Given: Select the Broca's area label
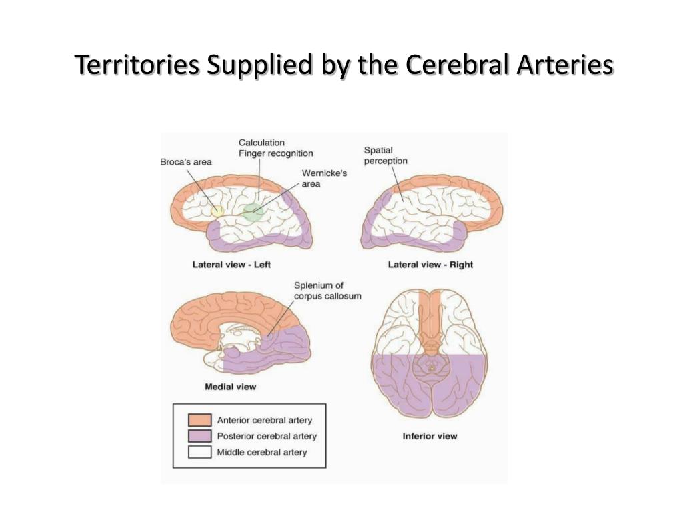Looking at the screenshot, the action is pyautogui.click(x=186, y=162).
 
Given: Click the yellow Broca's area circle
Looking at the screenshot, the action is pyautogui.click(x=217, y=211).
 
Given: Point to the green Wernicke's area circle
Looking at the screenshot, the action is pyautogui.click(x=253, y=212).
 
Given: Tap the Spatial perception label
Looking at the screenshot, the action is pyautogui.click(x=385, y=155).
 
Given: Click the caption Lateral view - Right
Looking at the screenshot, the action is pyautogui.click(x=430, y=265).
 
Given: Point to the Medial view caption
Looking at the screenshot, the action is pyautogui.click(x=230, y=387).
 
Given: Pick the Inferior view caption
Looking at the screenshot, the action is pyautogui.click(x=430, y=437).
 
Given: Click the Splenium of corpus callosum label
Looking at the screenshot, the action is pyautogui.click(x=327, y=291).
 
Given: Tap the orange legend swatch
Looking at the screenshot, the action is pyautogui.click(x=199, y=420).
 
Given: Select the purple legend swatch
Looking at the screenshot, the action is pyautogui.click(x=199, y=436).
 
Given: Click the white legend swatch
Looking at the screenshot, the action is pyautogui.click(x=199, y=452).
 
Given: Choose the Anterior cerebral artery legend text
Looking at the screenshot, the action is pyautogui.click(x=264, y=420).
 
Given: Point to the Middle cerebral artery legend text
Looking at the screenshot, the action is pyautogui.click(x=262, y=452).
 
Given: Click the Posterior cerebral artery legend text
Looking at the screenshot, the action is pyautogui.click(x=267, y=436).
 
